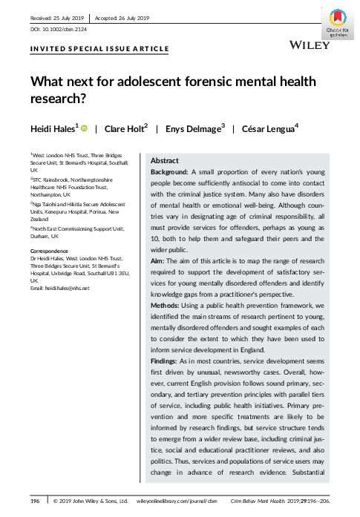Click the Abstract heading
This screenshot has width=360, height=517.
coord(164,160)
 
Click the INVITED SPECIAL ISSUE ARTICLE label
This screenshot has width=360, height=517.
coord(99,49)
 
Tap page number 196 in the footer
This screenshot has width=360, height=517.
coord(35,501)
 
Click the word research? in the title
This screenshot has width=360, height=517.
coord(63,96)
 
